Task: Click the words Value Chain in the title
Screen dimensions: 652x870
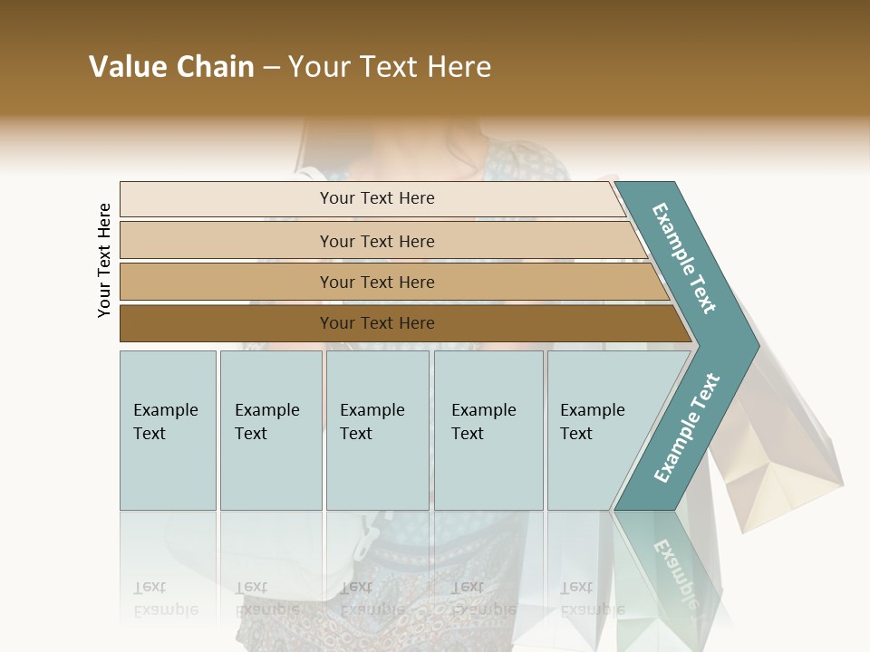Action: click(171, 67)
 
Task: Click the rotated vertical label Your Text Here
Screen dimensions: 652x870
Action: click(104, 260)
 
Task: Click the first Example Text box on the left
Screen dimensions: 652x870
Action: click(168, 430)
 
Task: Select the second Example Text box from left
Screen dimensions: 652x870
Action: click(271, 430)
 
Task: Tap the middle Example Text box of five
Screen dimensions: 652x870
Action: click(377, 430)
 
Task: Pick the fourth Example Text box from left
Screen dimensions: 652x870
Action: click(488, 430)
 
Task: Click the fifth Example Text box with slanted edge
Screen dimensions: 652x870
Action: click(598, 430)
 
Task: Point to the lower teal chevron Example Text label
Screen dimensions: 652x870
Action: click(687, 427)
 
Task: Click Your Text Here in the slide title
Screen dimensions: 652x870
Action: click(390, 67)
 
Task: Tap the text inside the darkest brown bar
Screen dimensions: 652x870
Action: click(377, 323)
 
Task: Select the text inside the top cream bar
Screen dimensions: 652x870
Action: click(377, 198)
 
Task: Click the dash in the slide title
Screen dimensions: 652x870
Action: click(271, 68)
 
